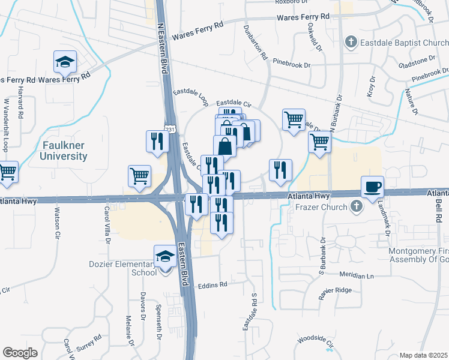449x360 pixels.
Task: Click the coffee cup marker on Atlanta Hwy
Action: [x=373, y=186]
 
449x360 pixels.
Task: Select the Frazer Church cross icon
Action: [x=357, y=208]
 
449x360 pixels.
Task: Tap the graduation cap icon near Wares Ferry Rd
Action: [x=65, y=61]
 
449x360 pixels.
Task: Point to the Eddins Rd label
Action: [x=214, y=285]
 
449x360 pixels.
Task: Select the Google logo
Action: [x=20, y=353]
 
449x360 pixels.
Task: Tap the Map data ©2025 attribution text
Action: [x=424, y=355]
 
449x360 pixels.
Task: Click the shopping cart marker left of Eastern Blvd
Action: [x=139, y=176]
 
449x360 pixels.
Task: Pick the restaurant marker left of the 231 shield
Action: [x=155, y=141]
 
